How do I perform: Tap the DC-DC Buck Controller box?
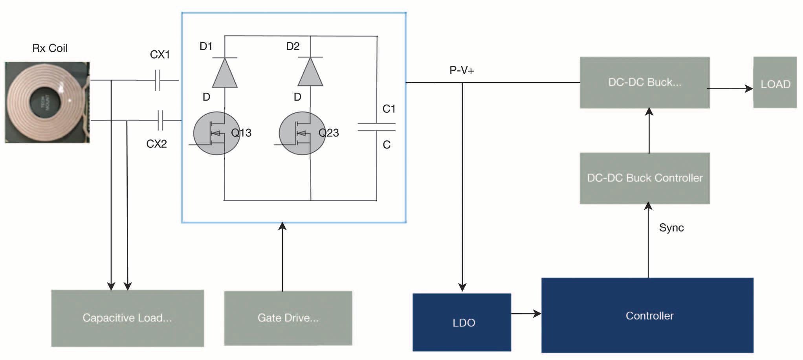(645, 178)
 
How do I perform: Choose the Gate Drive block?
(288, 318)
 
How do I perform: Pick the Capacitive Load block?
(128, 318)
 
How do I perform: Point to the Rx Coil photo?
(47, 102)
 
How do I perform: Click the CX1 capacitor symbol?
(158, 80)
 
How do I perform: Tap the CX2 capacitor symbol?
(160, 120)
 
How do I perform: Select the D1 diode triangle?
(225, 73)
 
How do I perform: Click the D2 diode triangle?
(310, 73)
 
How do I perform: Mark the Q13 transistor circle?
(216, 134)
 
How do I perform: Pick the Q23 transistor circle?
(302, 134)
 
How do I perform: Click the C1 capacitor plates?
(376, 127)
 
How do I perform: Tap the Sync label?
(671, 228)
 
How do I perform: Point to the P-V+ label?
(462, 70)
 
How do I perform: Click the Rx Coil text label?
(50, 48)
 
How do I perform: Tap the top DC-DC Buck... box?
(645, 83)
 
